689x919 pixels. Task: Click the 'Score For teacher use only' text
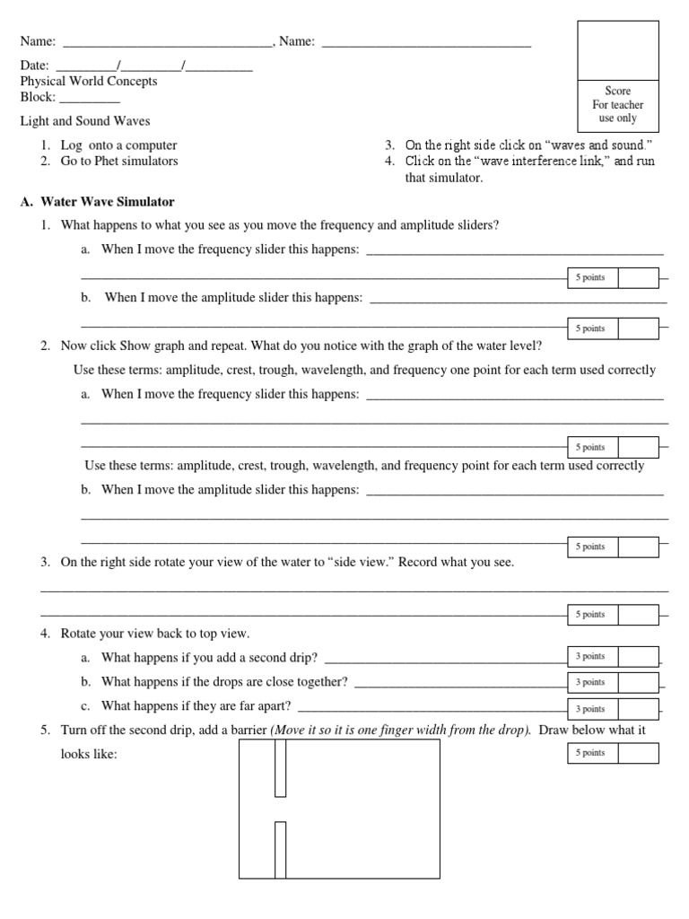pyautogui.click(x=617, y=105)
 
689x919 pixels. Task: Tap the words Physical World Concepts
pyautogui.click(x=89, y=82)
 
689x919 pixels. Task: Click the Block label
pyautogui.click(x=38, y=97)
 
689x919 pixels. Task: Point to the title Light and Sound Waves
pyautogui.click(x=85, y=121)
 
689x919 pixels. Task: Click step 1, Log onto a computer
pyautogui.click(x=118, y=145)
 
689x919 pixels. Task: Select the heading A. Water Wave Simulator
pyautogui.click(x=97, y=202)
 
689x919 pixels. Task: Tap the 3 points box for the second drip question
pyautogui.click(x=590, y=657)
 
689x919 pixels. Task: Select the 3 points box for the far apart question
pyautogui.click(x=590, y=709)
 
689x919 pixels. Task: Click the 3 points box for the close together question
pyautogui.click(x=590, y=683)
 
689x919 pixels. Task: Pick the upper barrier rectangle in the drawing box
pyautogui.click(x=281, y=768)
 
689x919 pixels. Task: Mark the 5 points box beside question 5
pyautogui.click(x=590, y=753)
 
